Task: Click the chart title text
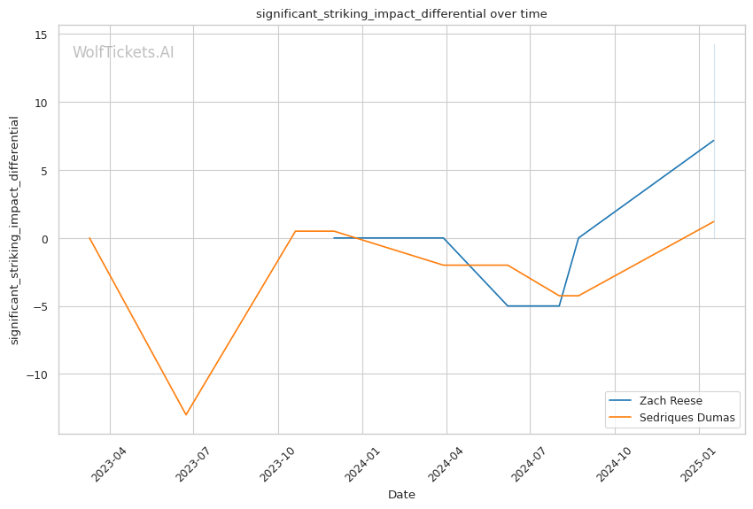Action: [401, 14]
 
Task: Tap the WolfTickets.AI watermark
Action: [123, 53]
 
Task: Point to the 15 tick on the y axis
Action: [41, 35]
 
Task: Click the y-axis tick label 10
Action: [41, 103]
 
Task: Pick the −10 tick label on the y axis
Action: [37, 374]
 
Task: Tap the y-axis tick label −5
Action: [40, 307]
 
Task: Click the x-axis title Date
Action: [401, 495]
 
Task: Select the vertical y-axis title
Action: [14, 230]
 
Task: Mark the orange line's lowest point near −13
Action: [186, 414]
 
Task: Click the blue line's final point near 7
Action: [714, 140]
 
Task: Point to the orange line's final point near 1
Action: [714, 221]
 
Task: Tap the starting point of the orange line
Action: [89, 238]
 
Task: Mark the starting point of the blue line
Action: [334, 238]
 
